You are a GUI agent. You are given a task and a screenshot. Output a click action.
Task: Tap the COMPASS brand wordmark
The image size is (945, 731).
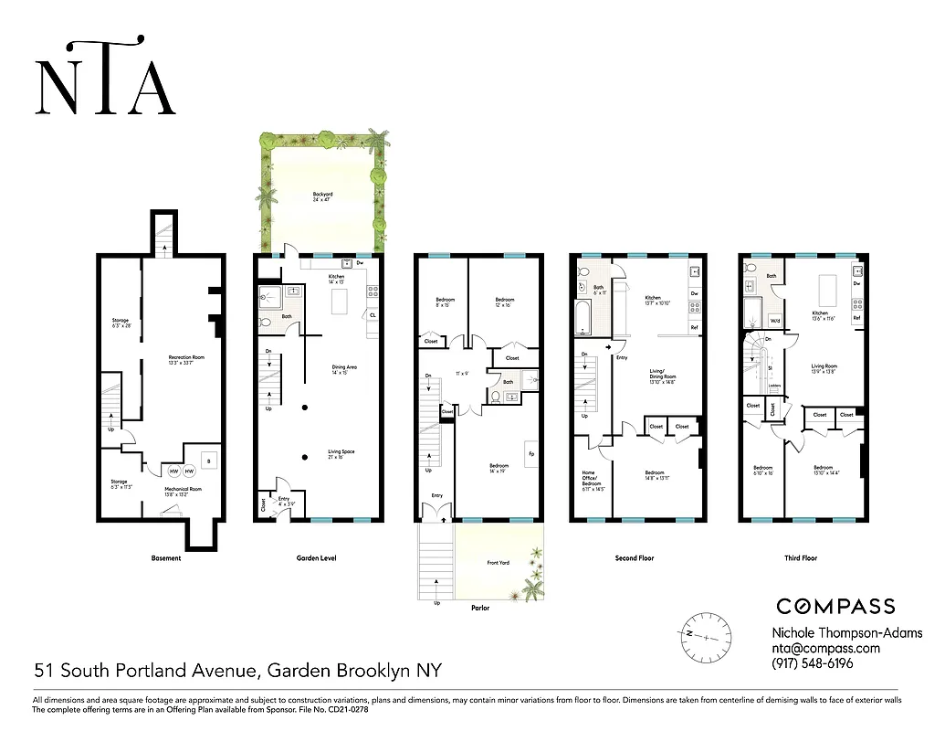pyautogui.click(x=835, y=606)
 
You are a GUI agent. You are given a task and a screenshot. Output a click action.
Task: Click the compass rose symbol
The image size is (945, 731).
pyautogui.click(x=706, y=633)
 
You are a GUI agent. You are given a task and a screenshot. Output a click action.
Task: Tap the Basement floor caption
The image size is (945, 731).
pyautogui.click(x=166, y=558)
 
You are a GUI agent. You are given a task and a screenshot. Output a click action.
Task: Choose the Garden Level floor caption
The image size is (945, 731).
pyautogui.click(x=317, y=558)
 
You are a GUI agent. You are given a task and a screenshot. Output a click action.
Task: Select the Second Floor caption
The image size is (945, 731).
pyautogui.click(x=636, y=558)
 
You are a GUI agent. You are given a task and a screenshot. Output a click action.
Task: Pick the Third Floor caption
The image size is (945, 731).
pyautogui.click(x=801, y=558)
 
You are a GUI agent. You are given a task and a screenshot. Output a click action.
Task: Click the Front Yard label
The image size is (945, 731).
pyautogui.click(x=499, y=563)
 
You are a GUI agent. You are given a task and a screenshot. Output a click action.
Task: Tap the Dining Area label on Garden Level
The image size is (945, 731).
pyautogui.click(x=344, y=369)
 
